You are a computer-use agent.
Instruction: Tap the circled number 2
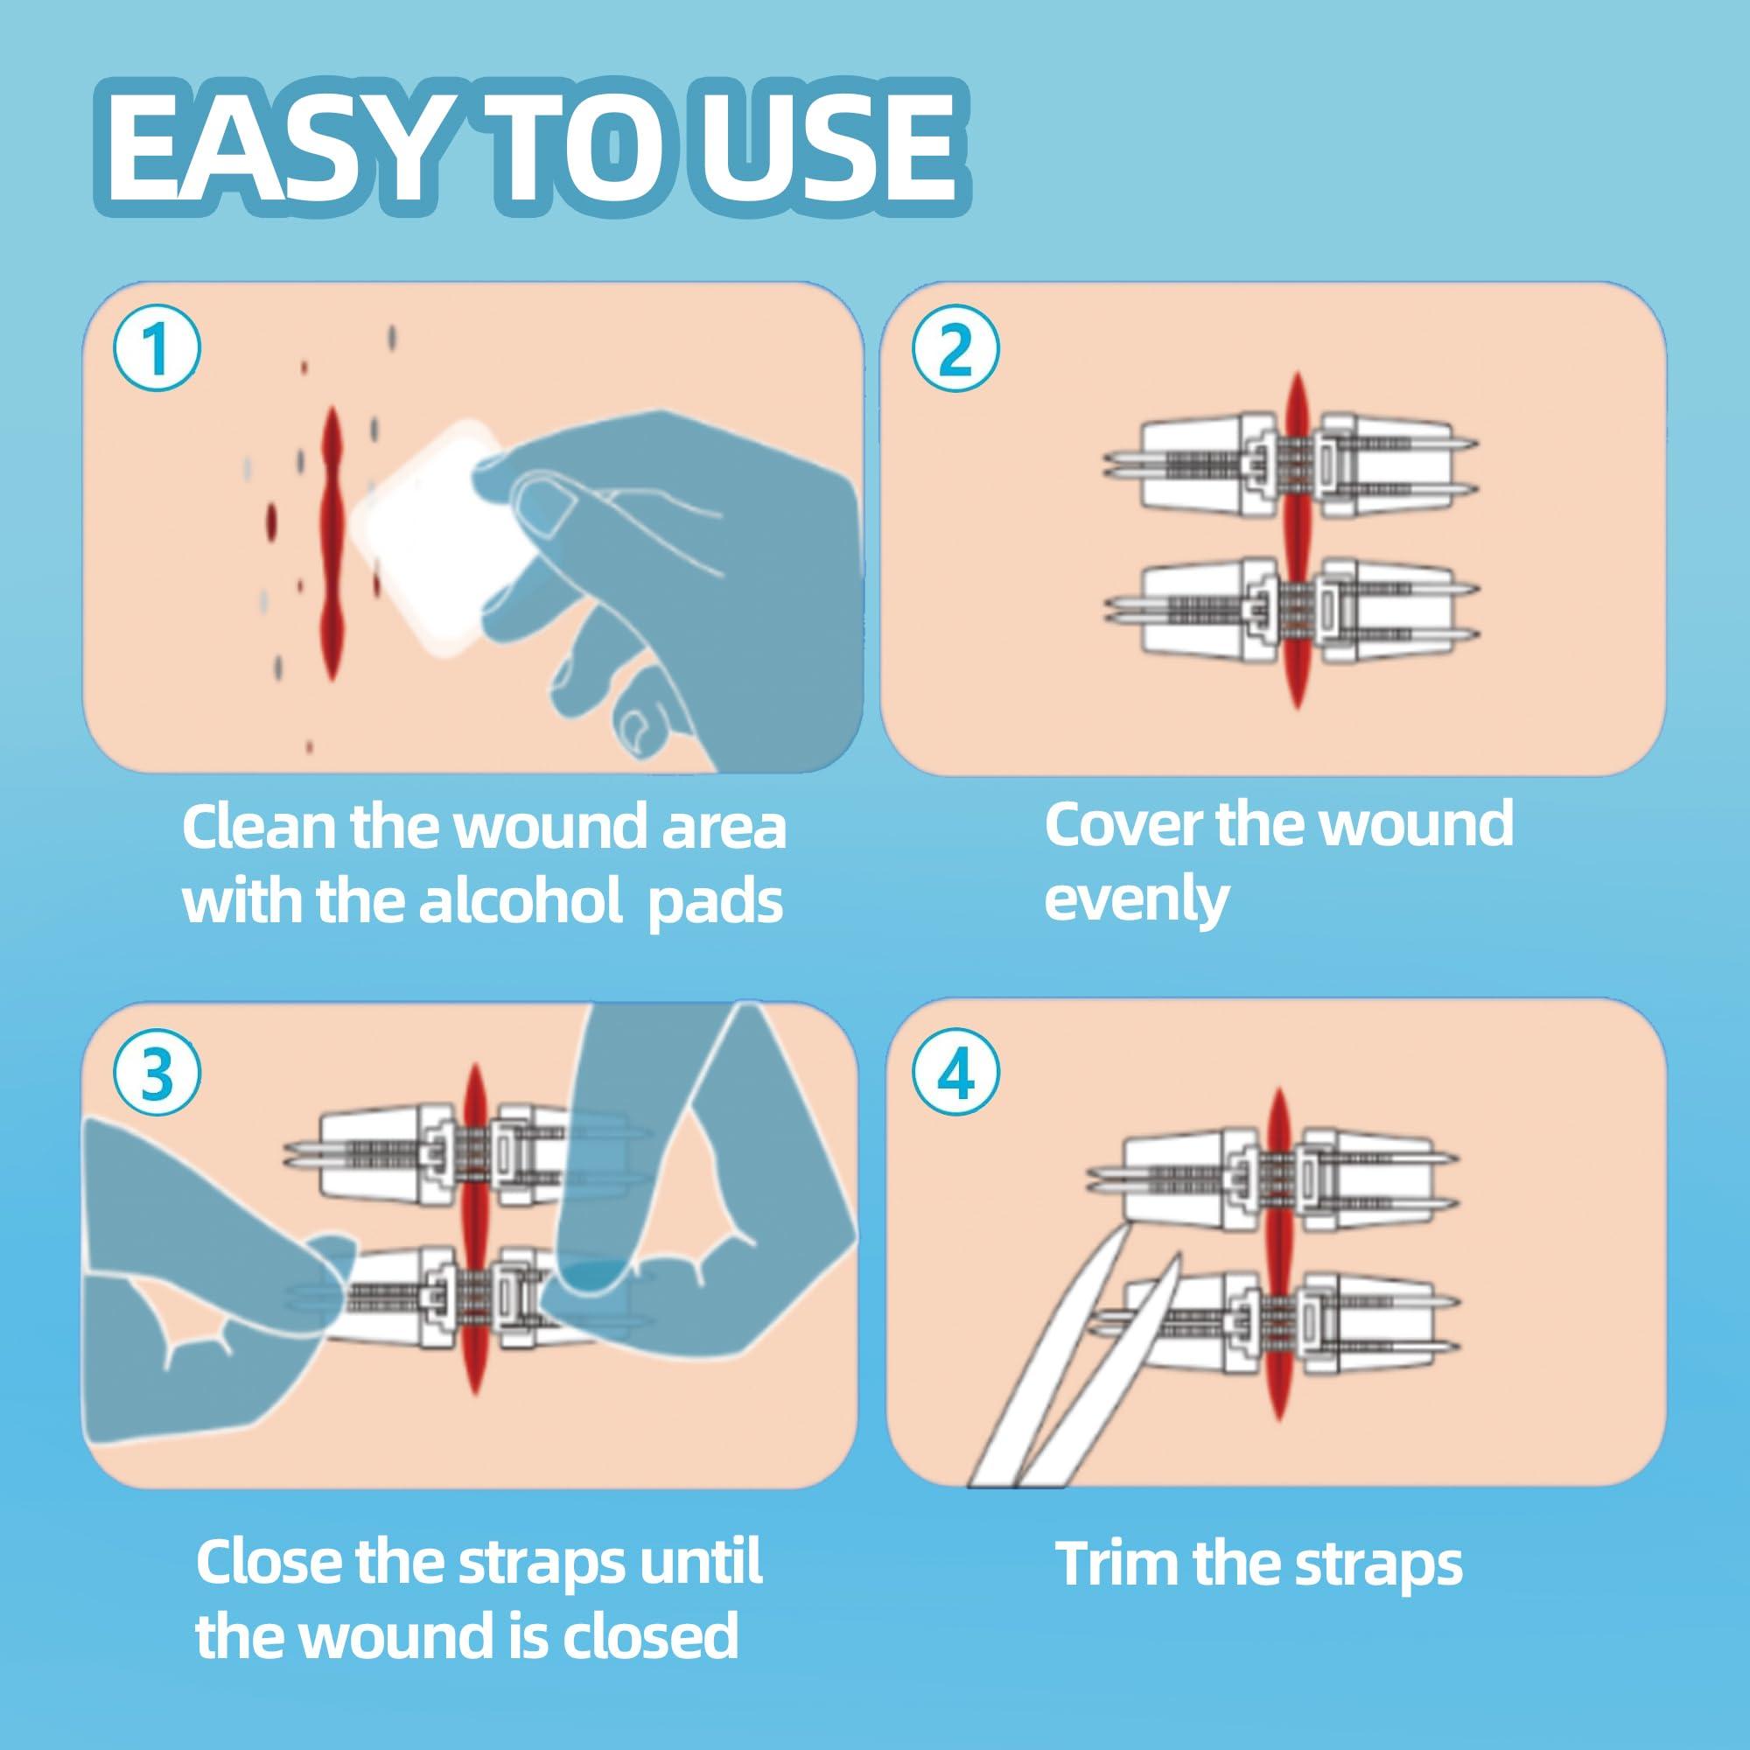(x=956, y=350)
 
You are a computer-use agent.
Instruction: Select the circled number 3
(x=156, y=1074)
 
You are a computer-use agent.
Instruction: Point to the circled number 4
(x=956, y=1074)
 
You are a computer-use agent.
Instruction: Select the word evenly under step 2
(x=1136, y=899)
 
